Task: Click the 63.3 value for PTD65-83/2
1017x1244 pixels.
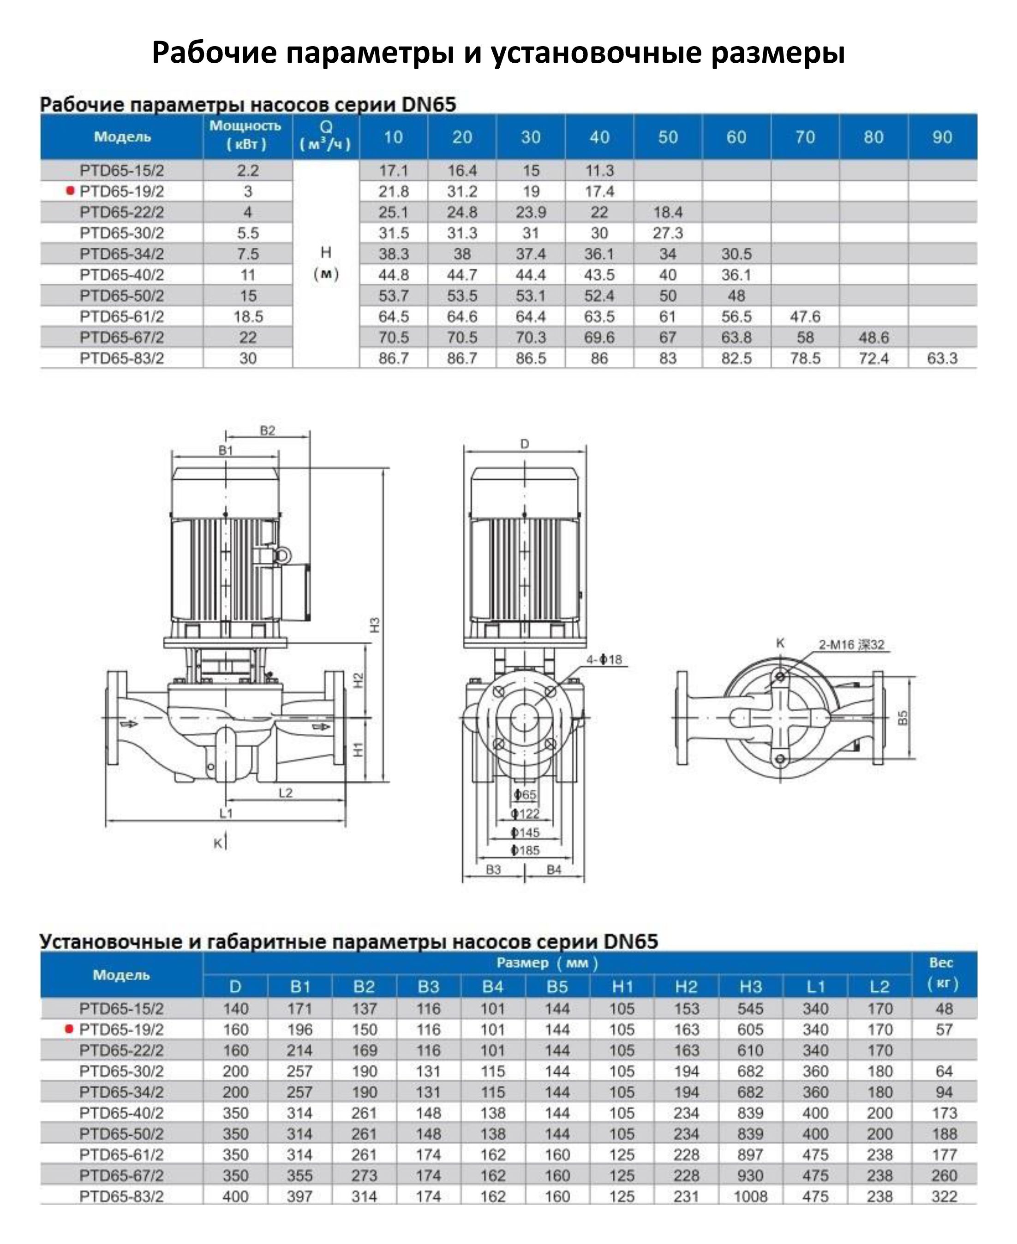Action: point(942,358)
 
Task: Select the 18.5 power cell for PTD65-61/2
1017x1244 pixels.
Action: point(248,316)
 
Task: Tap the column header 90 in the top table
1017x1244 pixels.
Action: point(942,137)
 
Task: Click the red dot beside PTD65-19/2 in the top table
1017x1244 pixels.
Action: point(70,190)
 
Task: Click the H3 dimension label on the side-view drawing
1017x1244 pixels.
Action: point(375,625)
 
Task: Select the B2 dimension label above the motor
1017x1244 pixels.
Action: point(267,430)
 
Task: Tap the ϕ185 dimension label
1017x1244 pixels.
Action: point(525,850)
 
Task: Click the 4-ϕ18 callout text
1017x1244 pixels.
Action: point(604,660)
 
